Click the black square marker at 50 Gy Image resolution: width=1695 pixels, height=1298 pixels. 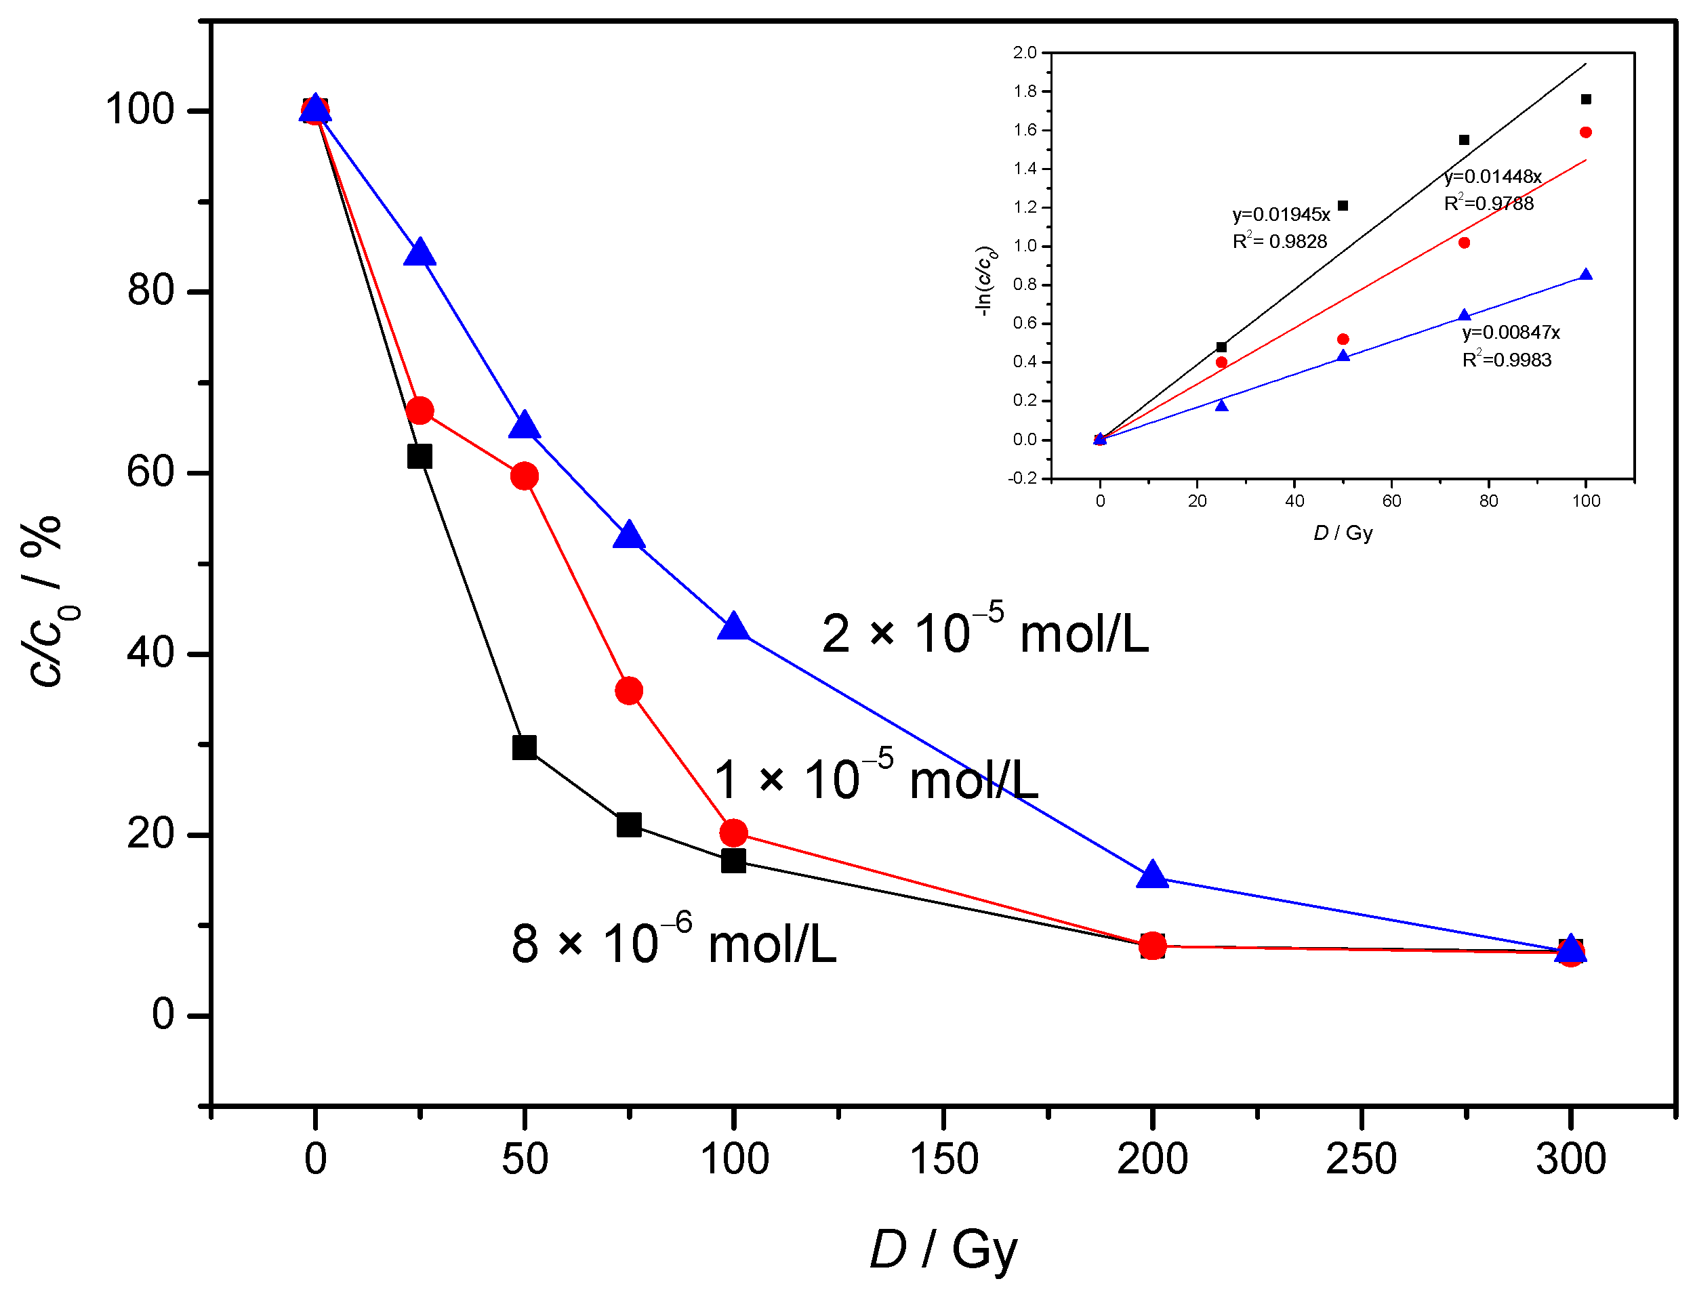(524, 747)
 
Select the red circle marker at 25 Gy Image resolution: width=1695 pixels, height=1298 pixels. (419, 411)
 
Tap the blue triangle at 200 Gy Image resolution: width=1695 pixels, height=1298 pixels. (1151, 875)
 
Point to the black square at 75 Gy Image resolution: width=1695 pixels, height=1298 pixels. (629, 824)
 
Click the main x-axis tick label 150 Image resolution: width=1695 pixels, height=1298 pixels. (943, 1159)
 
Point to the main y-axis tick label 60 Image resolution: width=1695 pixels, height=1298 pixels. (150, 472)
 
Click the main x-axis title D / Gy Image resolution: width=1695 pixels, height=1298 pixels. (943, 1249)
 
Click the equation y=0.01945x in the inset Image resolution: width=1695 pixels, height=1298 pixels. (1281, 214)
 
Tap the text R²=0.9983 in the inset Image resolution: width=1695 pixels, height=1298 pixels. (1507, 360)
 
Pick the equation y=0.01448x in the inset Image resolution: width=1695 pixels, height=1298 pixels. (1492, 176)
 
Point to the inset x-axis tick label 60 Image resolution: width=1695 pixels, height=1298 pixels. (1391, 501)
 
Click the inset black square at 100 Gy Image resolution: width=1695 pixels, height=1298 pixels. (1586, 99)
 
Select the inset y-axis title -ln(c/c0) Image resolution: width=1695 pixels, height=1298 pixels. (985, 281)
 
